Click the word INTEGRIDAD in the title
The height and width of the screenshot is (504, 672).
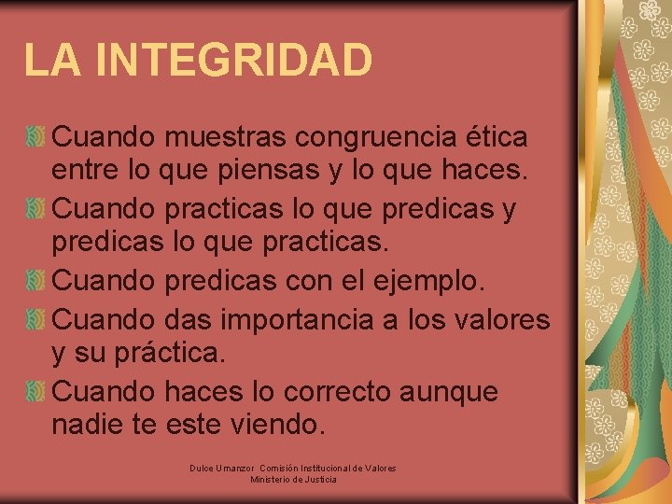coord(233,60)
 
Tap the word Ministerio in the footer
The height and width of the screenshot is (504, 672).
coord(271,480)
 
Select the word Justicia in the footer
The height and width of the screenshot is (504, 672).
coord(320,480)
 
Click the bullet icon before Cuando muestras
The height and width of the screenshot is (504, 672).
coord(35,137)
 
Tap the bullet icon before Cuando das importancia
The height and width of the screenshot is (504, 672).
coord(35,318)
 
